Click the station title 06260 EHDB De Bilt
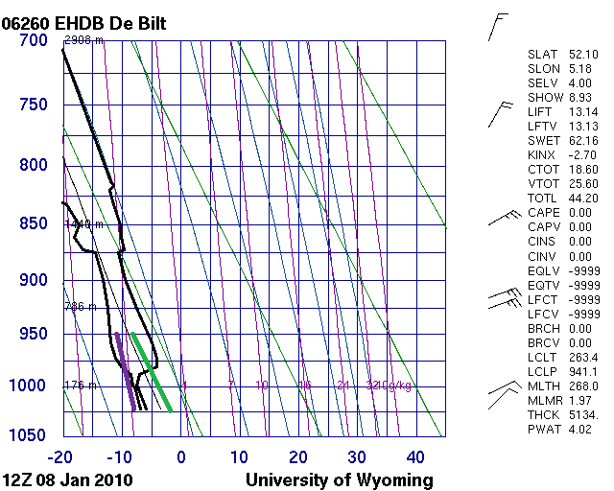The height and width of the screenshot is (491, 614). [x=90, y=22]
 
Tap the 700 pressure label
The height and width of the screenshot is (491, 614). [x=34, y=40]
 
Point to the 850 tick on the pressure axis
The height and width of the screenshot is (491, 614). [x=34, y=223]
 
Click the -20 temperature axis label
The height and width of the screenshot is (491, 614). [x=62, y=456]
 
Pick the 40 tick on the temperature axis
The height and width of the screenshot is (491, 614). [x=415, y=456]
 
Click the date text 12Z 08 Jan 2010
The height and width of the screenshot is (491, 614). [x=68, y=479]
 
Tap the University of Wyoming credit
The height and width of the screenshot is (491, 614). [x=340, y=479]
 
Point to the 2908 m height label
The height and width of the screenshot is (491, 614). [x=83, y=40]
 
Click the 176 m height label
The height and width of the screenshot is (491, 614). [x=81, y=386]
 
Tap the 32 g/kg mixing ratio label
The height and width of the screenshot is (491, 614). [x=374, y=386]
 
